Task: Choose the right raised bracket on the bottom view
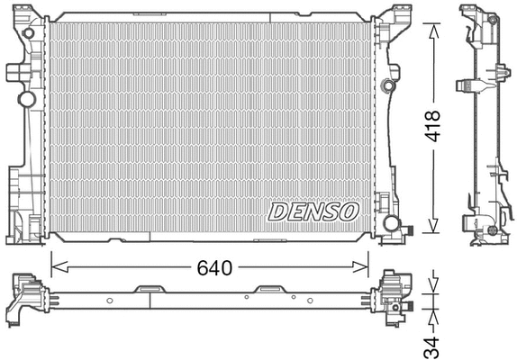pyautogui.click(x=268, y=289)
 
